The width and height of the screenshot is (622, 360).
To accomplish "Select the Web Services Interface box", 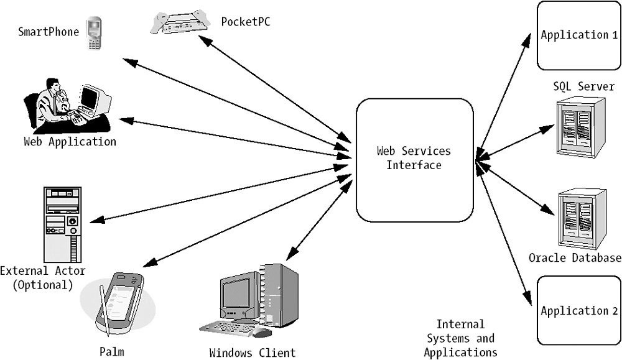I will coord(414,159).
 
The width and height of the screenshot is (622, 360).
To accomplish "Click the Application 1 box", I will coord(575,35).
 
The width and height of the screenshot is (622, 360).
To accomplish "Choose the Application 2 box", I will coord(575,311).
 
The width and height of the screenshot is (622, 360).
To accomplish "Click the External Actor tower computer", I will coord(63,224).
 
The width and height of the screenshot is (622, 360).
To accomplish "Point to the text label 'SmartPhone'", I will coord(49,31).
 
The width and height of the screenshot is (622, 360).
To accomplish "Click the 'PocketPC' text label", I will coord(246,22).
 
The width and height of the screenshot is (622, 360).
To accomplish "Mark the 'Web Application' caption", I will coord(70,142).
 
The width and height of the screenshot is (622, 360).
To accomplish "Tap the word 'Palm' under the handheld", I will coord(112,352).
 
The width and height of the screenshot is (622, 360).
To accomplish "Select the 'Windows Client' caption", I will coord(253,353).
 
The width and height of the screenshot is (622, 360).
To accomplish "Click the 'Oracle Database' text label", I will coord(575,257).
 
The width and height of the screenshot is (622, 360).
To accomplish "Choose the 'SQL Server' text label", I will coord(583,86).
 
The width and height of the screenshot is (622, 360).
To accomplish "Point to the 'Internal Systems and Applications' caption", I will coord(460,338).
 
